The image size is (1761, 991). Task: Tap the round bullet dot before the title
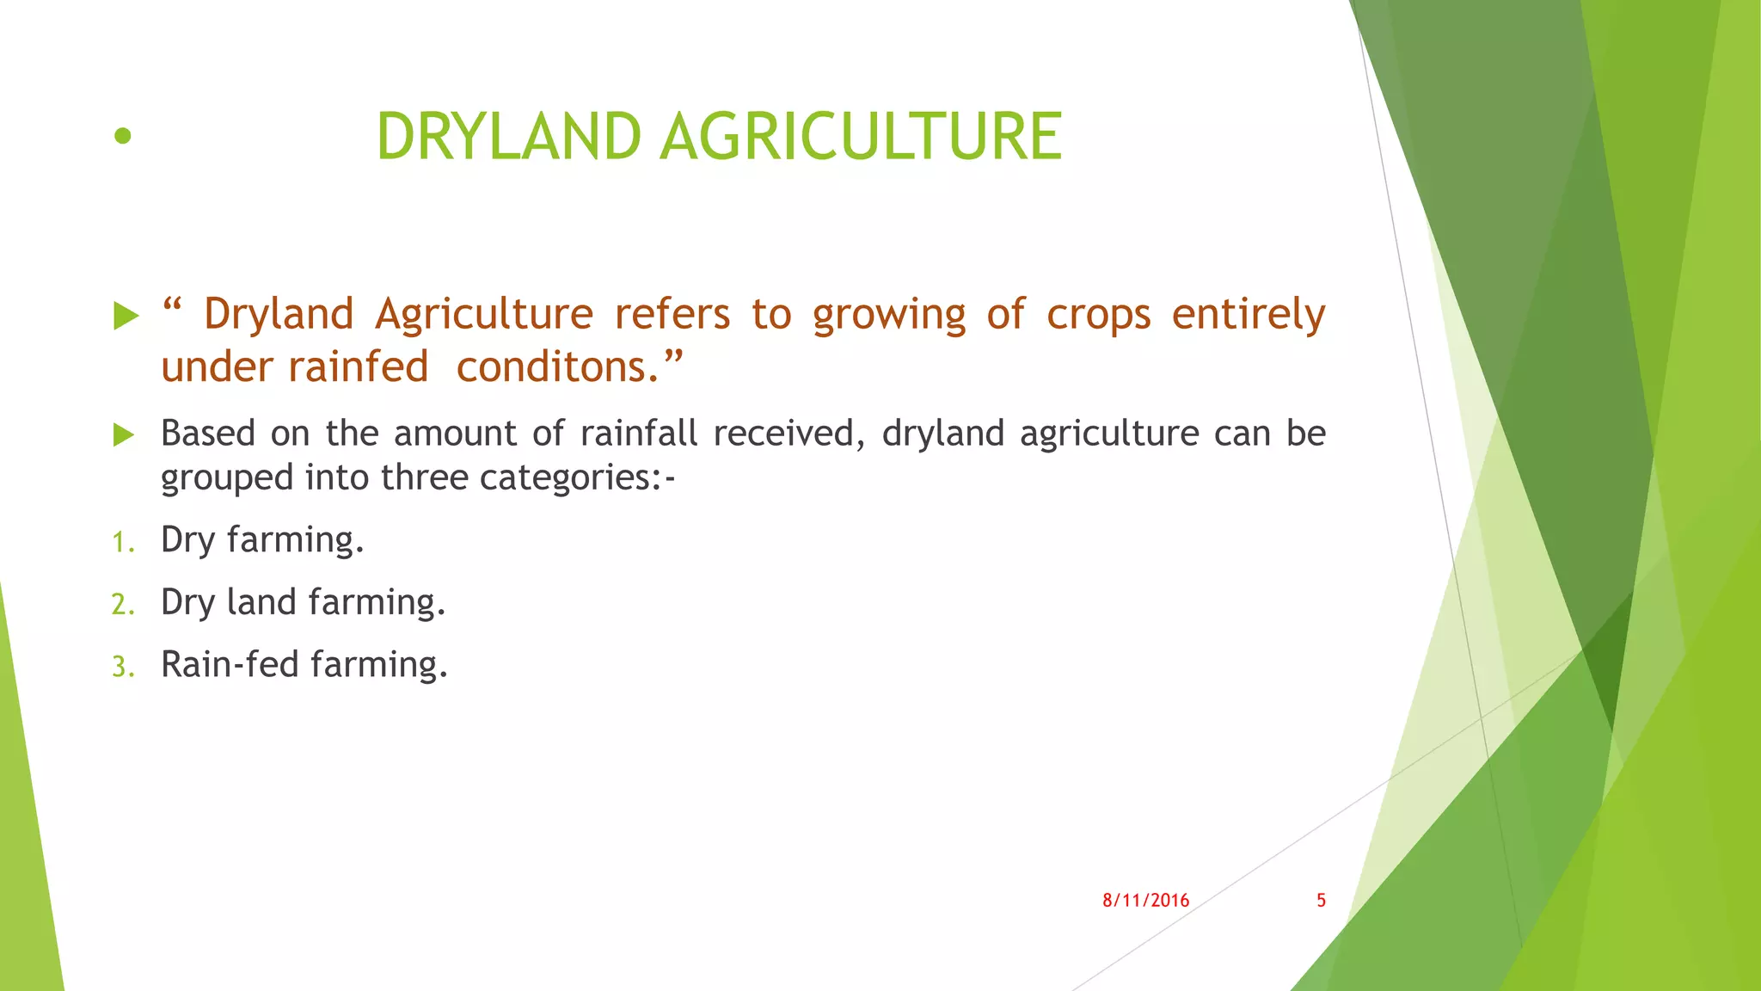pos(123,136)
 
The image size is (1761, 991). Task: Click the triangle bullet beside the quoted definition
pos(126,316)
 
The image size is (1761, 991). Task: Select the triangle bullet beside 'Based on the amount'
pos(125,435)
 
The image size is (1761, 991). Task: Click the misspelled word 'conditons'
pos(550,367)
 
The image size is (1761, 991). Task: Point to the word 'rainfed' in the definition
pos(358,367)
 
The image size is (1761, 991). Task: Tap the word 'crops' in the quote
pos(1098,315)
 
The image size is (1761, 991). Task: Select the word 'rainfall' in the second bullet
pos(638,434)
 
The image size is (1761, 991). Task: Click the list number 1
pos(122,543)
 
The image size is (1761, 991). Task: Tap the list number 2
pos(122,605)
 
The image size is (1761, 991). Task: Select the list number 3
pos(122,668)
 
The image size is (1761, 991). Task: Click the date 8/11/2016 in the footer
pos(1145,901)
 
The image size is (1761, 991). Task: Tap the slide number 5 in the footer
pos(1321,901)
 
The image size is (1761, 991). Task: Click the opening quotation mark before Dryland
pos(172,305)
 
